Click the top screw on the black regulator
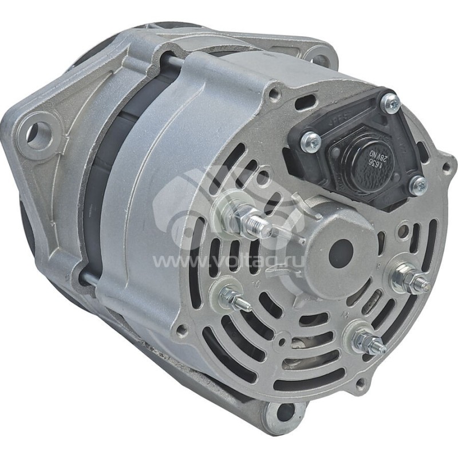coord(392,103)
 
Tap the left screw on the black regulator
coord(311,139)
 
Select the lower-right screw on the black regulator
coord(419,184)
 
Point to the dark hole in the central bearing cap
coord(349,247)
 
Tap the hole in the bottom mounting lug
coord(282,411)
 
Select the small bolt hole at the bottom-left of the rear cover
coord(181,330)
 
